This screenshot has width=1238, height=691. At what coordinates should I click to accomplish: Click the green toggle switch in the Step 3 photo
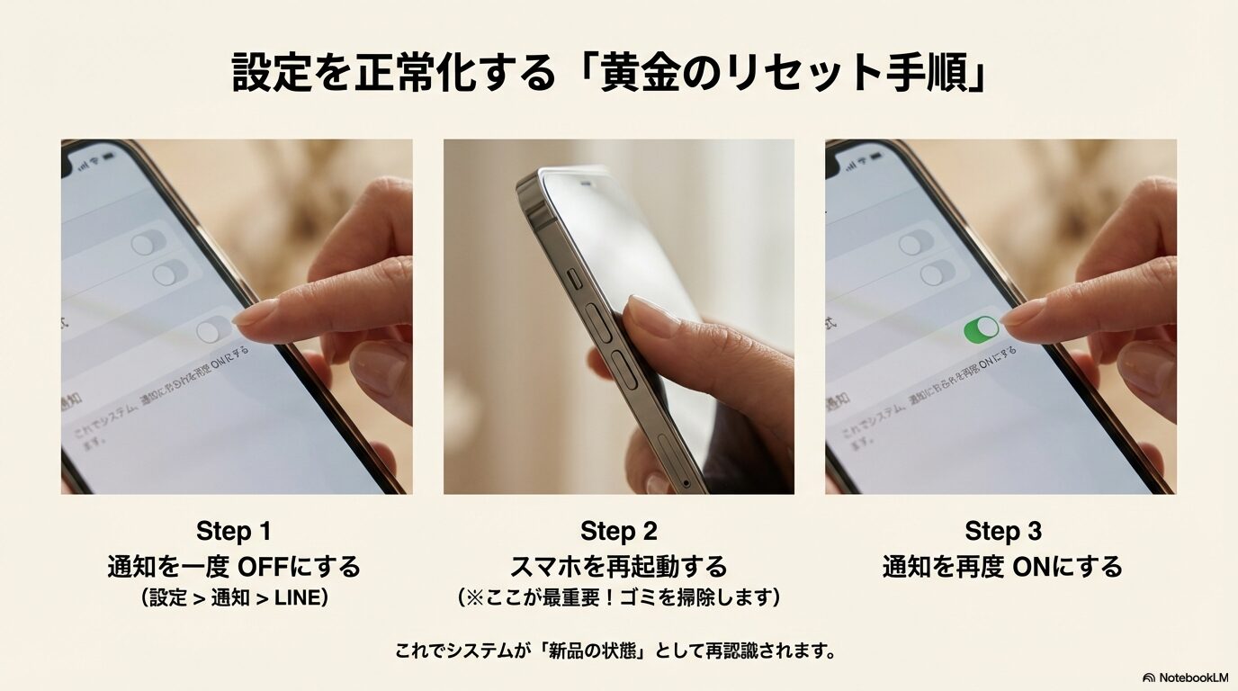coord(981,329)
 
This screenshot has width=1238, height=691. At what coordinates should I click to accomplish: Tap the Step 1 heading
coord(233,530)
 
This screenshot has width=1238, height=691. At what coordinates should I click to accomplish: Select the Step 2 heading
coord(618,530)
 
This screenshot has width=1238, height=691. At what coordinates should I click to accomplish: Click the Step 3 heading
coord(1002,530)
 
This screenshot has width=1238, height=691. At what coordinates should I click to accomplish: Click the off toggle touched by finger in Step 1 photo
coord(214,329)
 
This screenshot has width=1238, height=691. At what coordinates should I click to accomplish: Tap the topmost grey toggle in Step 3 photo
coord(915,243)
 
